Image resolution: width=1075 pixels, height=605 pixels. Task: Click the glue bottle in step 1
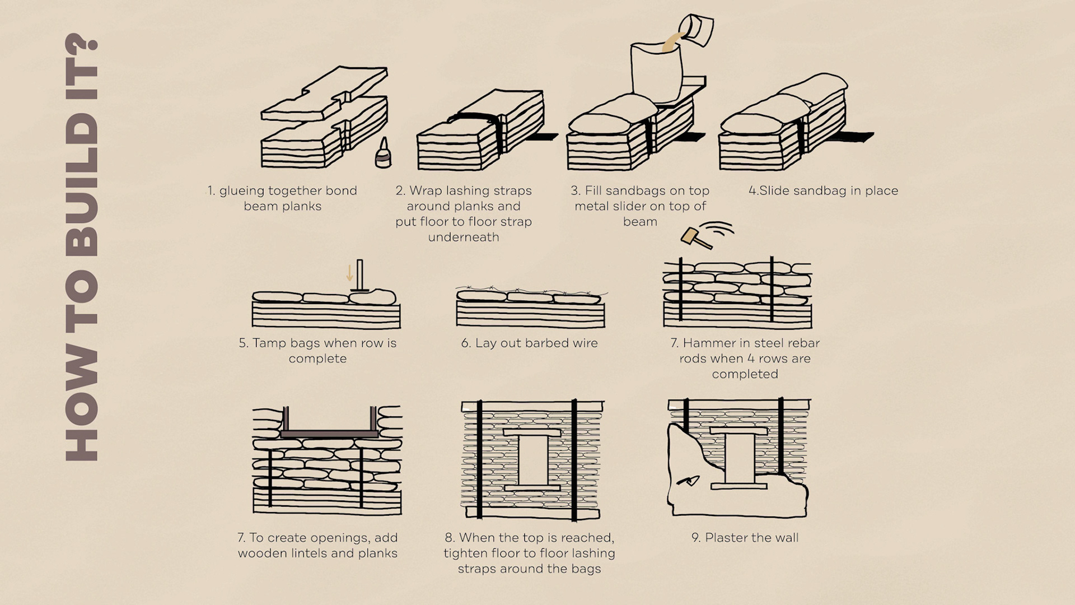click(x=384, y=153)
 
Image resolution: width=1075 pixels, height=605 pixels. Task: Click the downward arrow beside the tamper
click(x=349, y=273)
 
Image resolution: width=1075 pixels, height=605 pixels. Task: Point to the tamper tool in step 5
click(x=359, y=276)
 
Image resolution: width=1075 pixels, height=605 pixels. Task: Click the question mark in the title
click(x=82, y=50)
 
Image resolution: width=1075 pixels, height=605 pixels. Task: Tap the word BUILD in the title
click(x=82, y=184)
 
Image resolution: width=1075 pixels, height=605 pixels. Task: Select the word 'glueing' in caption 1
click(x=241, y=190)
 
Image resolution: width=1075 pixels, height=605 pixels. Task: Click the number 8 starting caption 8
click(x=449, y=538)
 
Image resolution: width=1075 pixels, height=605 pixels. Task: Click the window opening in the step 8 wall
click(x=532, y=460)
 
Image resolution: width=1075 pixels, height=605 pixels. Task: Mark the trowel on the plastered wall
click(x=689, y=481)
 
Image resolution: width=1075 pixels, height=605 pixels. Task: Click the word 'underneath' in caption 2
click(x=463, y=237)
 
